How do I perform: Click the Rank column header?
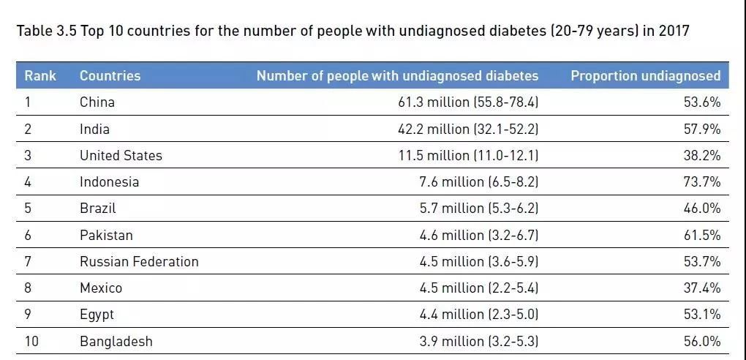pos(40,75)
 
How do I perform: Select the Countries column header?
pos(110,75)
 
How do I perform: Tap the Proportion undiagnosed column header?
pos(645,75)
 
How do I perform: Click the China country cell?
pos(97,102)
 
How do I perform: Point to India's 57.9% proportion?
pos(702,129)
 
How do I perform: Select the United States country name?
pos(121,155)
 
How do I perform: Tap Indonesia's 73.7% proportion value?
pos(702,181)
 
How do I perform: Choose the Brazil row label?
pos(98,208)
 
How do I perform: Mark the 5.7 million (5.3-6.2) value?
pos(478,208)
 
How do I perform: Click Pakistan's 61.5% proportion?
pos(702,235)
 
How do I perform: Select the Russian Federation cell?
pos(139,261)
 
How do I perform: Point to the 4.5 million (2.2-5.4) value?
pos(478,288)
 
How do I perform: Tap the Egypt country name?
pos(97,315)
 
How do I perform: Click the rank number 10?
pos(32,341)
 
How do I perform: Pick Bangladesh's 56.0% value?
pos(702,341)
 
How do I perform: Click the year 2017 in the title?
pos(674,31)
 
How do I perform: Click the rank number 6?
pos(28,235)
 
